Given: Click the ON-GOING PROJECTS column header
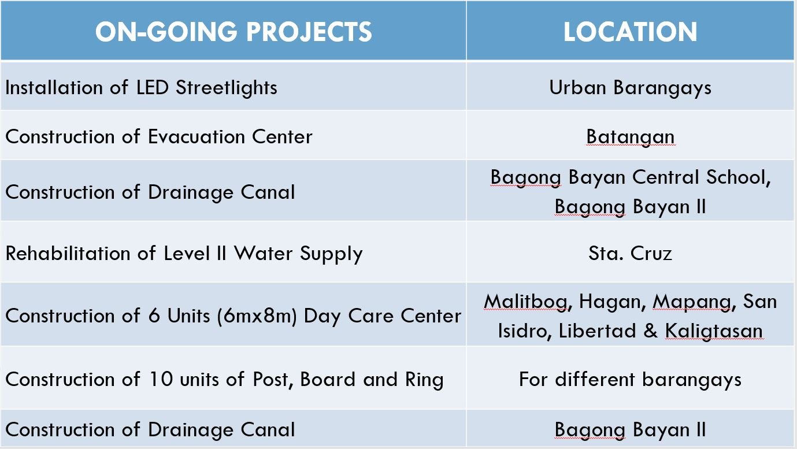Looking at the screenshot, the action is [233, 32].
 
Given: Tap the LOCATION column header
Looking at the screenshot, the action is [630, 32].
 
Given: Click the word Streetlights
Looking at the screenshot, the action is [227, 87].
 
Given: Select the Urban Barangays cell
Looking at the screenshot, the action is [630, 88].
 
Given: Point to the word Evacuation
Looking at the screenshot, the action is [197, 136].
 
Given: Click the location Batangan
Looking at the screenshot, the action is [630, 137].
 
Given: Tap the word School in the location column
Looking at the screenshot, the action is [738, 177].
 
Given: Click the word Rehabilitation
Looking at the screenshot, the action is [68, 253].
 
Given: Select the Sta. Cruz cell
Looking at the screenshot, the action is [630, 253].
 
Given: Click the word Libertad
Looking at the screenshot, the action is [597, 331].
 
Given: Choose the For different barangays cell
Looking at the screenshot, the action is [630, 380].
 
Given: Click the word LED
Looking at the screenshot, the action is [152, 87].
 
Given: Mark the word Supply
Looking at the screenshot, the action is [331, 254].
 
